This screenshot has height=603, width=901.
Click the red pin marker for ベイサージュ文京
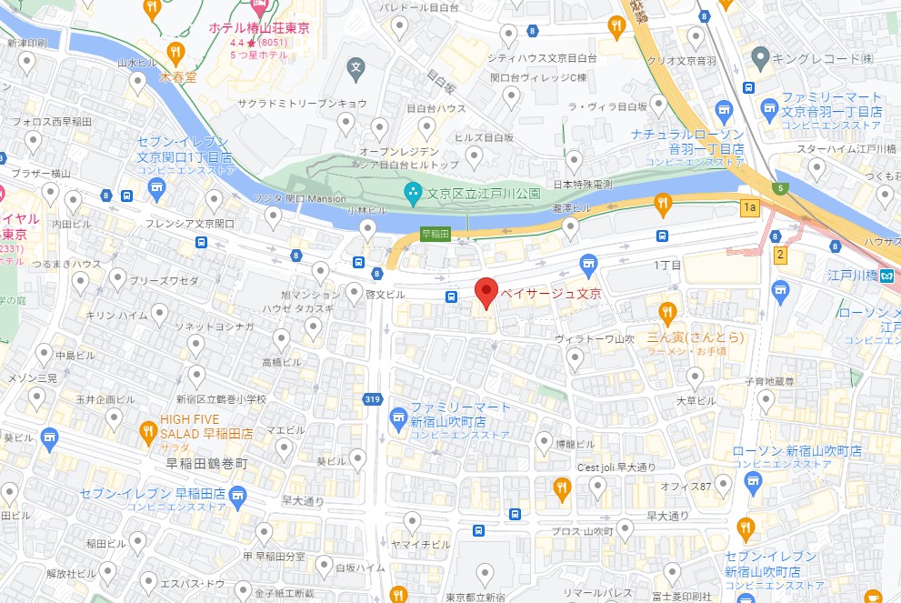(x=487, y=293)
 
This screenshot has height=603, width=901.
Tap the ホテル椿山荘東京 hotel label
(x=259, y=28)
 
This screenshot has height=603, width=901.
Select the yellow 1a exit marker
(x=749, y=208)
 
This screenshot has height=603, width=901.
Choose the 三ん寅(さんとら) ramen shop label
(x=696, y=337)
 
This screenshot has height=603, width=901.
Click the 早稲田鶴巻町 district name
(x=206, y=464)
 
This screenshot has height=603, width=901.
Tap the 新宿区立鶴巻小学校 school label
(x=222, y=398)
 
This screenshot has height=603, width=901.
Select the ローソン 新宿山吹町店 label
(x=784, y=451)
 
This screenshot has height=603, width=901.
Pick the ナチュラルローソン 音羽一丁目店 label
(x=688, y=141)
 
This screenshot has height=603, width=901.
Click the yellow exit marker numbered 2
(x=779, y=255)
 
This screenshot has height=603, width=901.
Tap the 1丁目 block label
(x=668, y=265)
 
